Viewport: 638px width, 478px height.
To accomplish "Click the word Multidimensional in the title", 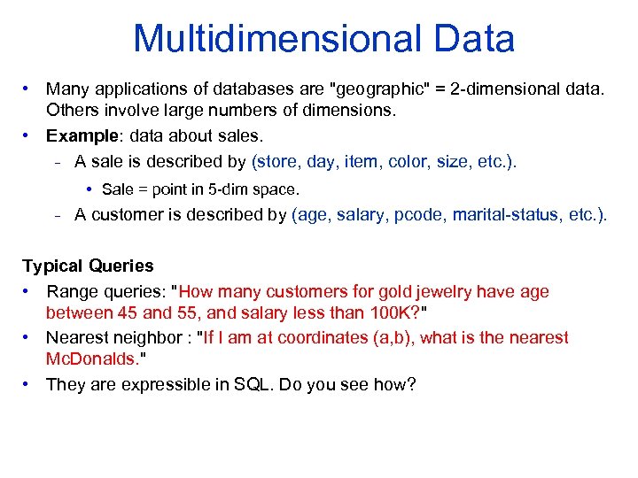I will click(275, 40).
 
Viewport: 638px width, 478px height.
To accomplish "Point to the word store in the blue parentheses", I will click(278, 161).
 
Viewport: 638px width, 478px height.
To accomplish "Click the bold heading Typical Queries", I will click(88, 266).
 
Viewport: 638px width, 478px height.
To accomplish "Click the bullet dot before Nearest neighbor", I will click(28, 337).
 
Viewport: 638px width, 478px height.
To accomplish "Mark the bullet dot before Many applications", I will click(28, 89).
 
